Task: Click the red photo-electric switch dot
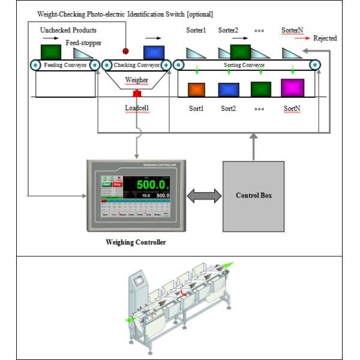click(127, 51)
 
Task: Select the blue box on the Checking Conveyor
click(154, 52)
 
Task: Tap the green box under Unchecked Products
click(50, 52)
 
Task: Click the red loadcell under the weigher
click(137, 94)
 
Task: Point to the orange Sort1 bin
click(197, 89)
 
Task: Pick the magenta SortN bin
click(293, 87)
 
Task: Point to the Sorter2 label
click(228, 29)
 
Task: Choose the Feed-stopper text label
click(83, 44)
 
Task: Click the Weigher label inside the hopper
click(137, 79)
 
